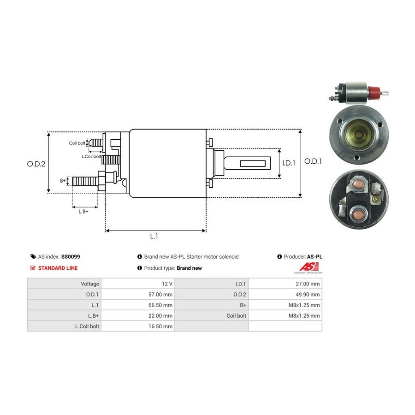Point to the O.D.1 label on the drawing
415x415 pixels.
(313, 161)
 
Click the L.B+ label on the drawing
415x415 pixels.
(83, 211)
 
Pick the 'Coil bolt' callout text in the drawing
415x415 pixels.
(77, 143)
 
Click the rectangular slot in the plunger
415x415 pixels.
(255, 163)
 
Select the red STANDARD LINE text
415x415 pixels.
(58, 268)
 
